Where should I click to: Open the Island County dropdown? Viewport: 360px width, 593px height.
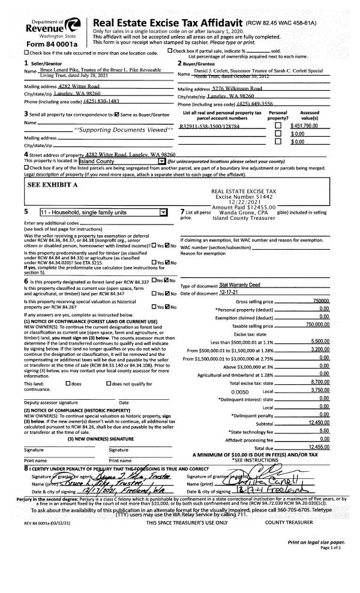tap(161, 161)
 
